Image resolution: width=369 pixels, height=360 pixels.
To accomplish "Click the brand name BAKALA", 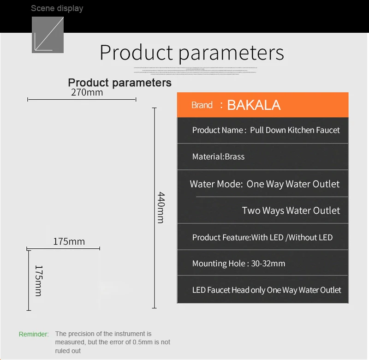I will coord(254,105).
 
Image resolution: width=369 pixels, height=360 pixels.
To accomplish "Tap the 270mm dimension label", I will coord(87,92).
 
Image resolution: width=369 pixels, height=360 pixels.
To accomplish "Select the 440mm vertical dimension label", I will coord(161,207).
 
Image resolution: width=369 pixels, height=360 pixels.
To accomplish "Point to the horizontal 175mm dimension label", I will coord(69,241).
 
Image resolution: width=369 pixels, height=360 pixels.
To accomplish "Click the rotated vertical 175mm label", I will coord(39,280).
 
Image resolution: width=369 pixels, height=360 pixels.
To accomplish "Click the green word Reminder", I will coord(34,334).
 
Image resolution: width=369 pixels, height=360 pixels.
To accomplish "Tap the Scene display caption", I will coord(57,8).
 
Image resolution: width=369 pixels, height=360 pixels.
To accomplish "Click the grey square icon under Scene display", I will coord(47,35).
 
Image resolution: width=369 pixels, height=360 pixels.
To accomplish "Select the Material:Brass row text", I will coord(218,156).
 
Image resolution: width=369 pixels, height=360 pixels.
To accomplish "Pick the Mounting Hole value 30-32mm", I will coord(268,264).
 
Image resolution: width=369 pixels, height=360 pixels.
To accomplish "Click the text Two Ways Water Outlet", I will coord(291,210).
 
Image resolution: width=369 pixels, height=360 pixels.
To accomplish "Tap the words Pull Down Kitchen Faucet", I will coord(295,130).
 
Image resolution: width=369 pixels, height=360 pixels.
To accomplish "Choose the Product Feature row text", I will coord(262,237).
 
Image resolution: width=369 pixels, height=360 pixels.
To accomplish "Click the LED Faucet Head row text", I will coord(267,290).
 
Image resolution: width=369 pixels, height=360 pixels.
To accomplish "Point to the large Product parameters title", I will coord(191,52).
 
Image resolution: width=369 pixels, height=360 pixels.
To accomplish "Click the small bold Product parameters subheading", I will coord(119,83).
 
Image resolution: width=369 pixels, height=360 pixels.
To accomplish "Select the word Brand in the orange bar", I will coord(202,105).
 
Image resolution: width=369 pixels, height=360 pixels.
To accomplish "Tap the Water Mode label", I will coord(216,184).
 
